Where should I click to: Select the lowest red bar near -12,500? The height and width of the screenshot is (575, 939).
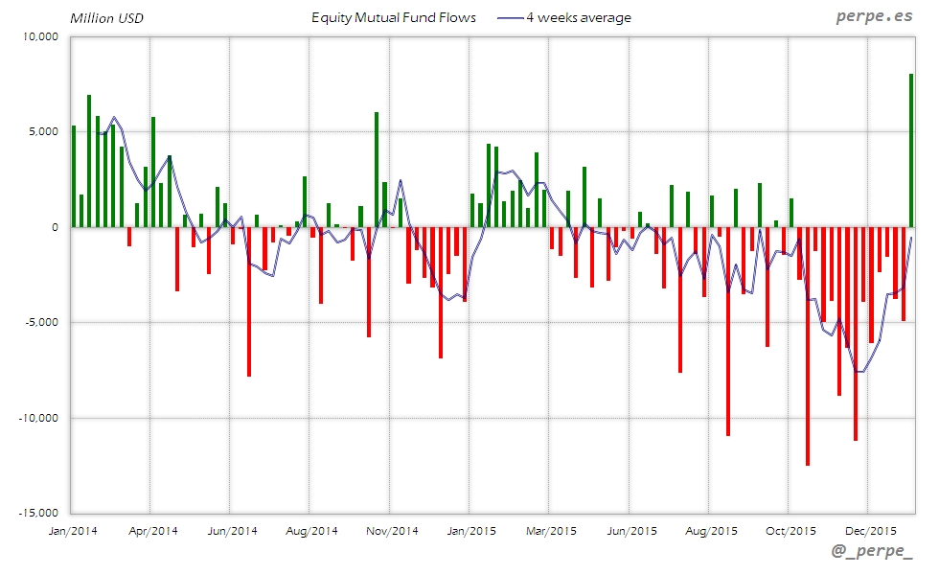[808, 346]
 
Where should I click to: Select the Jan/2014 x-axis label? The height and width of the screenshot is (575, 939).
[72, 530]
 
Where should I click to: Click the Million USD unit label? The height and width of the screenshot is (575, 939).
[106, 17]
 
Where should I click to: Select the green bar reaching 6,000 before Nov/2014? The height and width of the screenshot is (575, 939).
[377, 170]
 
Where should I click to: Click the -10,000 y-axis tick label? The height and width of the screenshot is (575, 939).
[39, 418]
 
